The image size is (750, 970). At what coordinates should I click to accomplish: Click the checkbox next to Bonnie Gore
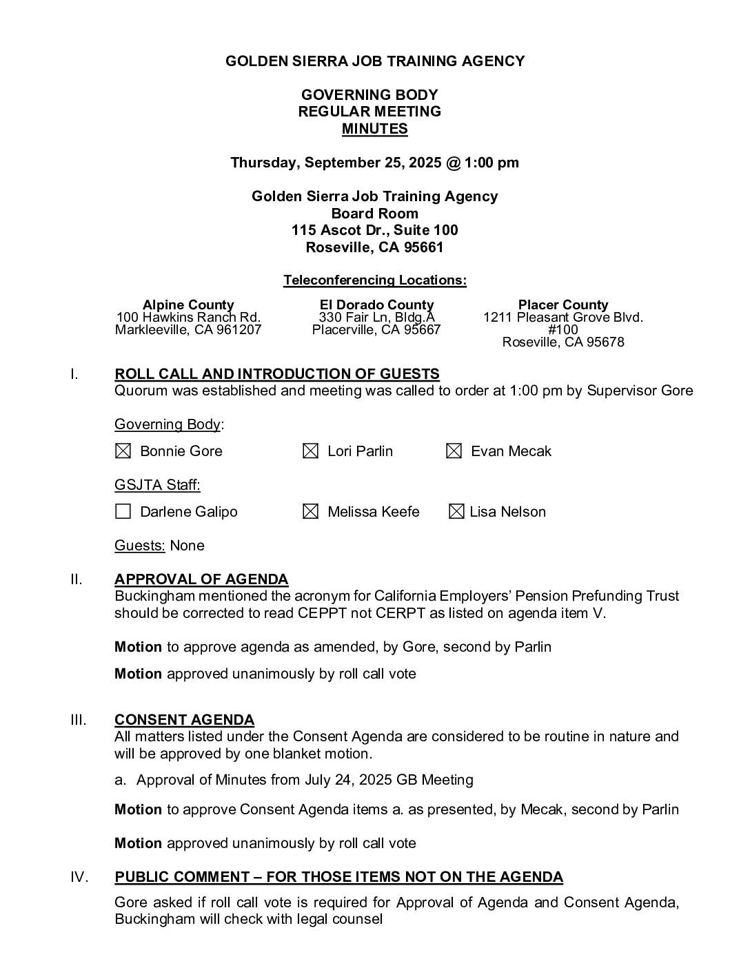[123, 451]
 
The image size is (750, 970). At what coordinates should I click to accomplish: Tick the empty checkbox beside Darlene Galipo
[123, 512]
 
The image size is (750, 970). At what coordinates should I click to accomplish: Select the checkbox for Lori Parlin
[311, 451]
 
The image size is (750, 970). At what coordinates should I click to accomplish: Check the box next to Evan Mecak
[454, 451]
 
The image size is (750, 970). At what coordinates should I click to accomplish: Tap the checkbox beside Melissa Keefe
[311, 512]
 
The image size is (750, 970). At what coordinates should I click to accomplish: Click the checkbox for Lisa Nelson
[456, 512]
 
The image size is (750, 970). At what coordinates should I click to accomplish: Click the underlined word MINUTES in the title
[374, 129]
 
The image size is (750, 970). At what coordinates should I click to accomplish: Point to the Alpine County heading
[188, 305]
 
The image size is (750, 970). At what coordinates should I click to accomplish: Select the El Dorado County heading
[376, 305]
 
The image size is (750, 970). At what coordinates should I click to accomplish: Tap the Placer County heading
[563, 305]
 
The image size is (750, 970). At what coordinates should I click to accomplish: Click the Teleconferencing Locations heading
[374, 280]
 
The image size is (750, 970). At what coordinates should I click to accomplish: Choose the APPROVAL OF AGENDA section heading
[201, 579]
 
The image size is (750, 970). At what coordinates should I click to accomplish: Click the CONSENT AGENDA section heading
[184, 720]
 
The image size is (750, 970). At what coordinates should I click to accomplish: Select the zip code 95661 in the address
[424, 247]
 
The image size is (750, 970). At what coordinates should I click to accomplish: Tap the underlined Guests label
[139, 546]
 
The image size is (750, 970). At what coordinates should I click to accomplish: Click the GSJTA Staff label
[157, 485]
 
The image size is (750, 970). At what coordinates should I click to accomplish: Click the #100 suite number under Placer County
[563, 329]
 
